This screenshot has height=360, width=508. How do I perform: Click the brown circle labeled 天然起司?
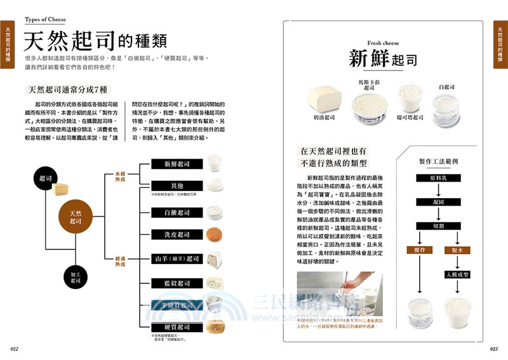coord(76,217)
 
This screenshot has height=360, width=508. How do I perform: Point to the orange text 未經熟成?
coord(120,176)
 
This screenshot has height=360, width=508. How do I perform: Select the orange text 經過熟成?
coord(120,261)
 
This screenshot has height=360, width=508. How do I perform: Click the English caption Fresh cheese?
coord(383,43)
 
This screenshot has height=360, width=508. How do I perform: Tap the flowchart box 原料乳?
coord(443,178)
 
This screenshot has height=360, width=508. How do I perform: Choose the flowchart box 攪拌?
coord(419,250)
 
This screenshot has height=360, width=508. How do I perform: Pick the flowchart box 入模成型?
coord(457,274)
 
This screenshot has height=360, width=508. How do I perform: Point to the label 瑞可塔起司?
coord(409,117)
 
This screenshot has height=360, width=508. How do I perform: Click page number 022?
coord(15,349)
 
